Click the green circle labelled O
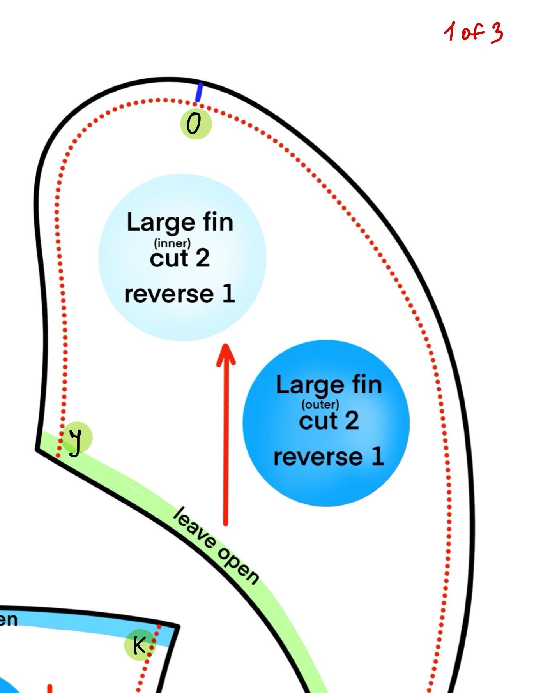[196, 124]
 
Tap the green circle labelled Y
[77, 438]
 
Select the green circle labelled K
[140, 645]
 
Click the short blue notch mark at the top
[199, 92]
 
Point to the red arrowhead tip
[226, 344]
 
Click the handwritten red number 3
[496, 32]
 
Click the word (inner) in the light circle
[172, 243]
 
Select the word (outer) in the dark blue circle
[320, 405]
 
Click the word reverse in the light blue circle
[169, 294]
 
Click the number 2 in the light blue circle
[203, 258]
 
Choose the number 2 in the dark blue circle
[352, 420]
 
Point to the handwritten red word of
[472, 32]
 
